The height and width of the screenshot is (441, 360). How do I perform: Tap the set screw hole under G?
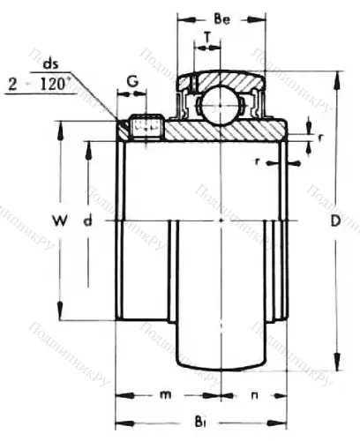coord(145,129)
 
